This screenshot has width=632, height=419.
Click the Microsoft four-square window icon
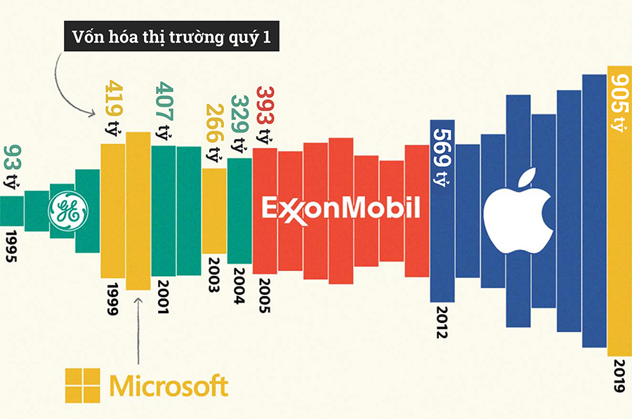click(x=83, y=386)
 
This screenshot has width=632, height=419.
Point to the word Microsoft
click(x=169, y=386)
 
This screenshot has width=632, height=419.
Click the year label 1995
click(x=11, y=246)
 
